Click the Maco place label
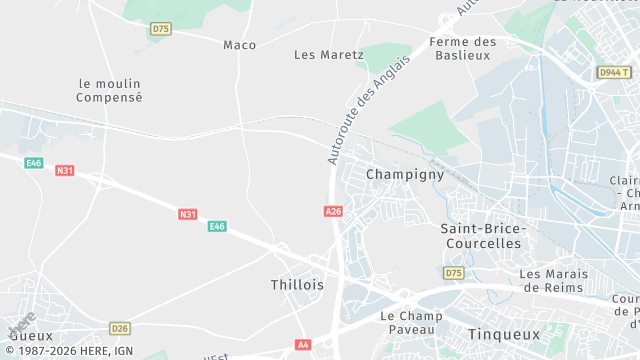point(239,45)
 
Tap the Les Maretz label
point(329,55)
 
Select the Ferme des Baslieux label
point(462,48)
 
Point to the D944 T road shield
point(614,73)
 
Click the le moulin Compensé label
point(110,90)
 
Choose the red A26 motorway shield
point(334,212)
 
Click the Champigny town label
point(404,174)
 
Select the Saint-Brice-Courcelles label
point(481,235)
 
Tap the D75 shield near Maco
point(160,29)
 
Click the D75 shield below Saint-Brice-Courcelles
point(454,273)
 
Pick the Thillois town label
point(297,285)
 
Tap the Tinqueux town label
point(503,334)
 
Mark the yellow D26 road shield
point(120,328)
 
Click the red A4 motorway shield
point(303,345)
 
